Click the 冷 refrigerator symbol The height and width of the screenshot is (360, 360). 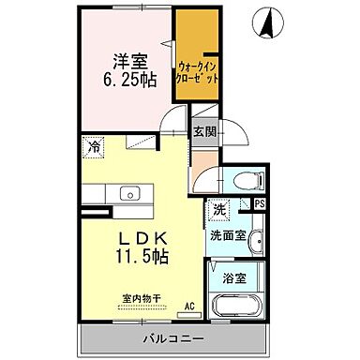pos(95,145)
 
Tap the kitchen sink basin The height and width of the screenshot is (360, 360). pos(129,194)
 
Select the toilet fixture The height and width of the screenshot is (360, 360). pos(233,182)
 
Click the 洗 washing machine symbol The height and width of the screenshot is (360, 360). pos(217,210)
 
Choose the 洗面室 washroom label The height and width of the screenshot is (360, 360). pos(228,235)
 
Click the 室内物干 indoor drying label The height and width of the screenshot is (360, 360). pos(141,299)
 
